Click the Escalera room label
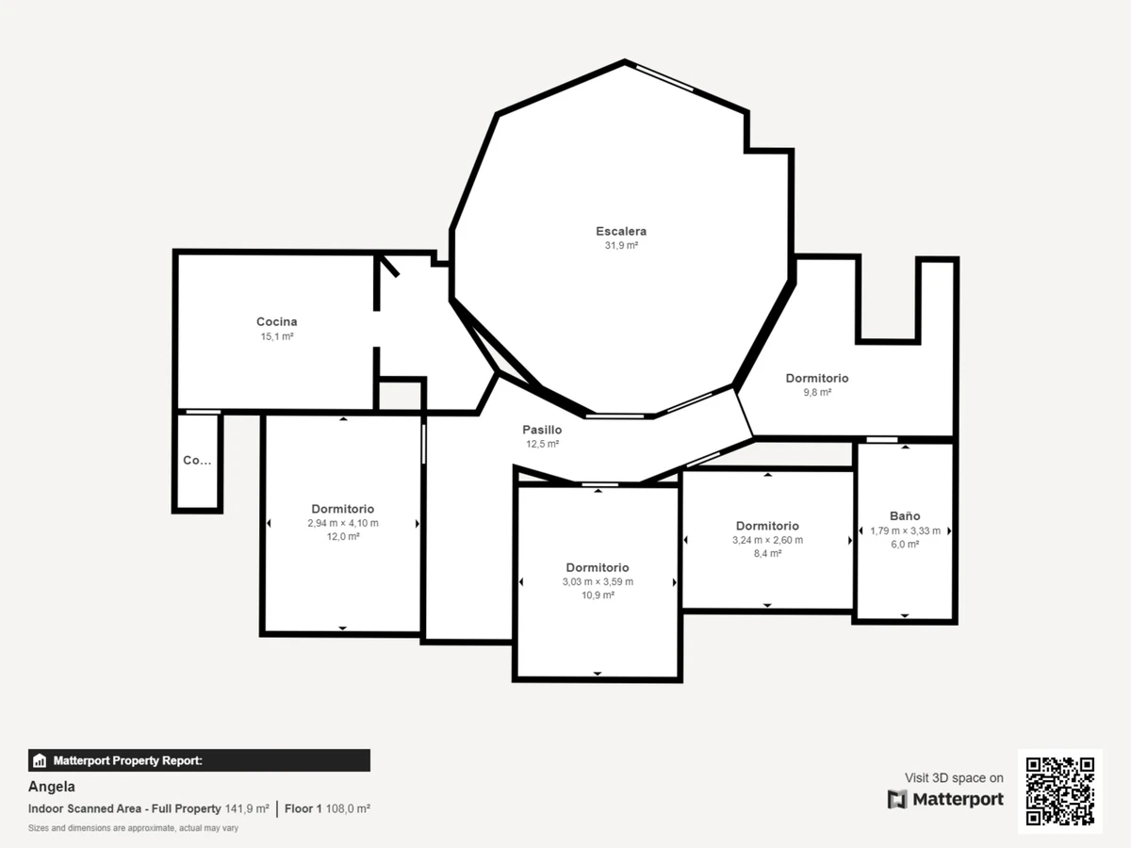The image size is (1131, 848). [x=621, y=231]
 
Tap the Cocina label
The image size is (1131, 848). [x=277, y=322]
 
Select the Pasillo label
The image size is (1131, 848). [x=542, y=430]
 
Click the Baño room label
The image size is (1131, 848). [x=905, y=515]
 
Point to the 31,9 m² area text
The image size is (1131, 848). [x=621, y=245]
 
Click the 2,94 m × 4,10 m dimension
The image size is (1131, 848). [x=343, y=523]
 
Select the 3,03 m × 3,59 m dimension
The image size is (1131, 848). [x=598, y=581]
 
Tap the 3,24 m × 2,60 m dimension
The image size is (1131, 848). [x=767, y=540]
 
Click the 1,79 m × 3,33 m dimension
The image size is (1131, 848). [x=906, y=530]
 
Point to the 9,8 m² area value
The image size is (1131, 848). [x=817, y=392]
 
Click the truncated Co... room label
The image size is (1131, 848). [x=197, y=461]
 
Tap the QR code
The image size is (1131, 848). [x=1060, y=791]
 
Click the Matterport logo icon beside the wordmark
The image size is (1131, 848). [x=897, y=800]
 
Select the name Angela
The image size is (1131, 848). [x=52, y=787]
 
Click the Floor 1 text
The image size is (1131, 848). [x=303, y=808]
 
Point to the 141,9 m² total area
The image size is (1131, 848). [x=247, y=808]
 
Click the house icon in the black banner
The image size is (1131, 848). [x=40, y=760]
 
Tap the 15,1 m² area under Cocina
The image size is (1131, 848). [x=277, y=336]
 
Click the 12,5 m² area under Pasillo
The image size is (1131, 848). [x=542, y=444]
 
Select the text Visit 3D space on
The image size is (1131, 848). [x=954, y=778]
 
